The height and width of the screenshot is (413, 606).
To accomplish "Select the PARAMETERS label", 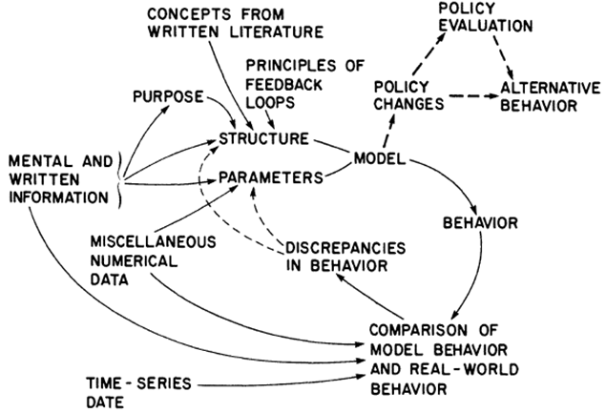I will (x=271, y=177).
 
